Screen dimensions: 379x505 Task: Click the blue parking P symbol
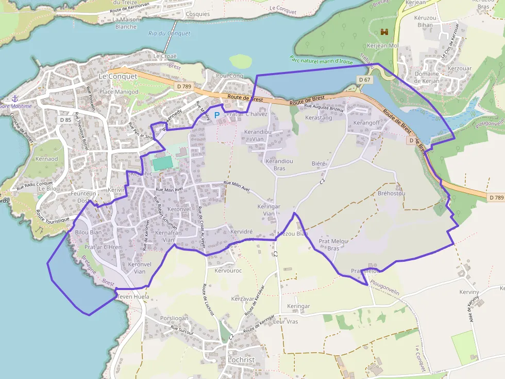217,115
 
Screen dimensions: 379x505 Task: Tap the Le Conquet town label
118,76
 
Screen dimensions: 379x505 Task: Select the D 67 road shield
364,80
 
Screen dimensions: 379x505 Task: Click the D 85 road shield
65,120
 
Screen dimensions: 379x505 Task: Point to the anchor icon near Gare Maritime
15,98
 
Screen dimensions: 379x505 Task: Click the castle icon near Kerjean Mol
384,32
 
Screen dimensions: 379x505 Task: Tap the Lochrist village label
241,360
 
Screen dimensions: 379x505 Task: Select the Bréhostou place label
392,193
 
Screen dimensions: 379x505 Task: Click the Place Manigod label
119,92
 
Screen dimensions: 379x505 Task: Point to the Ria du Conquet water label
169,33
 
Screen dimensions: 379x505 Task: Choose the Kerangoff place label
366,123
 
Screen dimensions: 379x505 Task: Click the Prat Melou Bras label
334,244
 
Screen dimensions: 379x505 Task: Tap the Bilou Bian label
88,232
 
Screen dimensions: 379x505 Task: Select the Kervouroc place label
228,270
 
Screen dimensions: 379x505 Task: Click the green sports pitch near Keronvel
163,163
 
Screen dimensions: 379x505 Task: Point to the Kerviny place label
469,292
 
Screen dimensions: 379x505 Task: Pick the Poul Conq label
229,76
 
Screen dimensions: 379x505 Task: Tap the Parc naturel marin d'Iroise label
321,60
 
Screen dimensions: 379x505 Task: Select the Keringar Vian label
268,210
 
